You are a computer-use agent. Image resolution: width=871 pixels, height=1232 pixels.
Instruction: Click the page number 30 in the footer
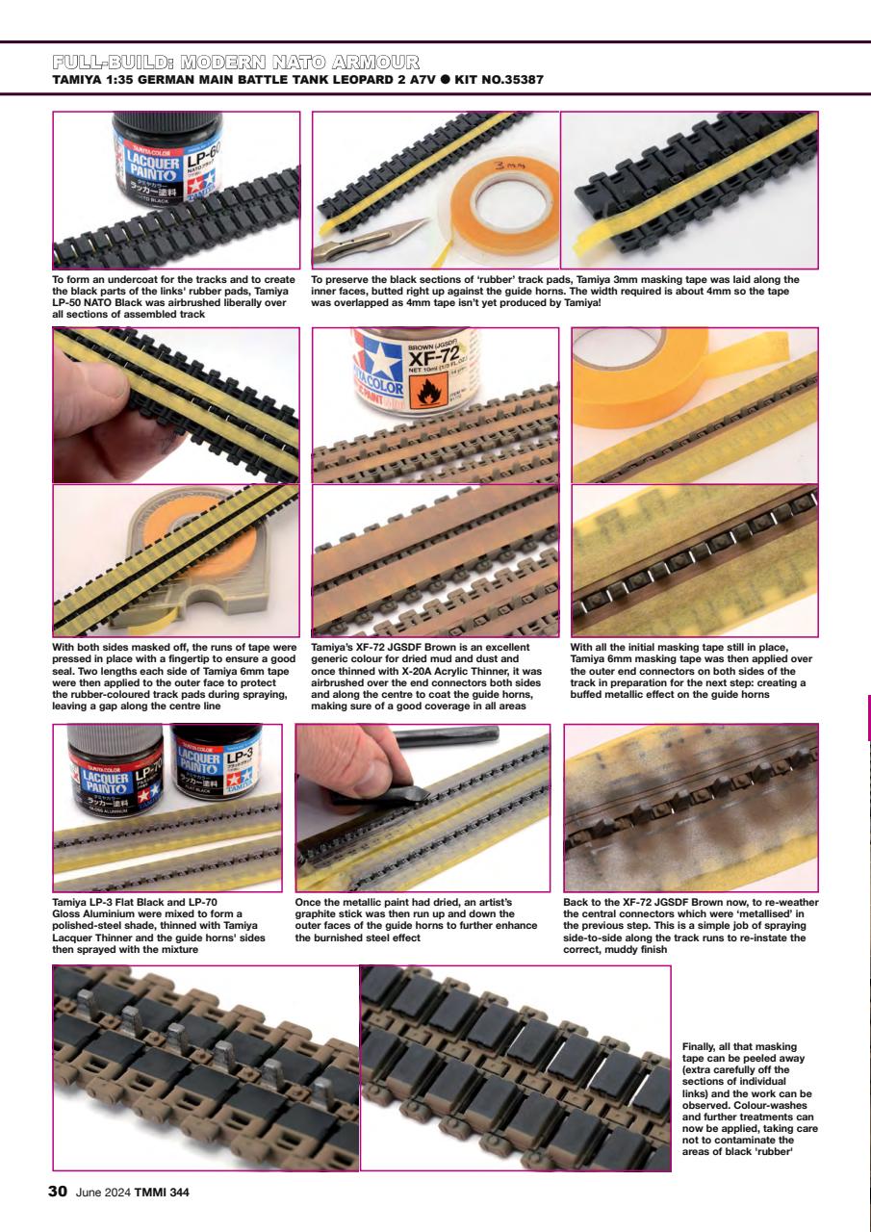click(x=58, y=1192)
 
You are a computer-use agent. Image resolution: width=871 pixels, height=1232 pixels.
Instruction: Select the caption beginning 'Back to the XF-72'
click(x=689, y=925)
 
